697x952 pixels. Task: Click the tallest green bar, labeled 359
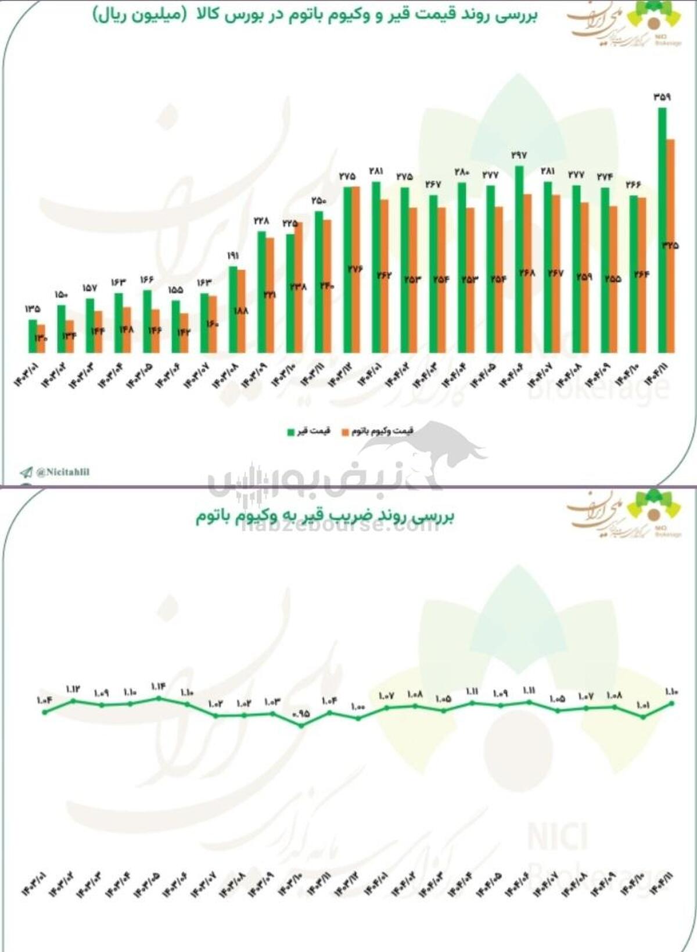point(662,229)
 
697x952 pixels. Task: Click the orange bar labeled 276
point(355,270)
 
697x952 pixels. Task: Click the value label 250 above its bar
point(319,201)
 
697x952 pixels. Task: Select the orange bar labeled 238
point(299,287)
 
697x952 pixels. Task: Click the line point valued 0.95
point(301,725)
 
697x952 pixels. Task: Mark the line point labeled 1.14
point(159,698)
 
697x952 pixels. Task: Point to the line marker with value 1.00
point(358,719)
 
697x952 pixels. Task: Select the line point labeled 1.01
point(643,717)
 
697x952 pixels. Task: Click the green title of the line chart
point(325,516)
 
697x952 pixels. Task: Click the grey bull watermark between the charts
point(441,447)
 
